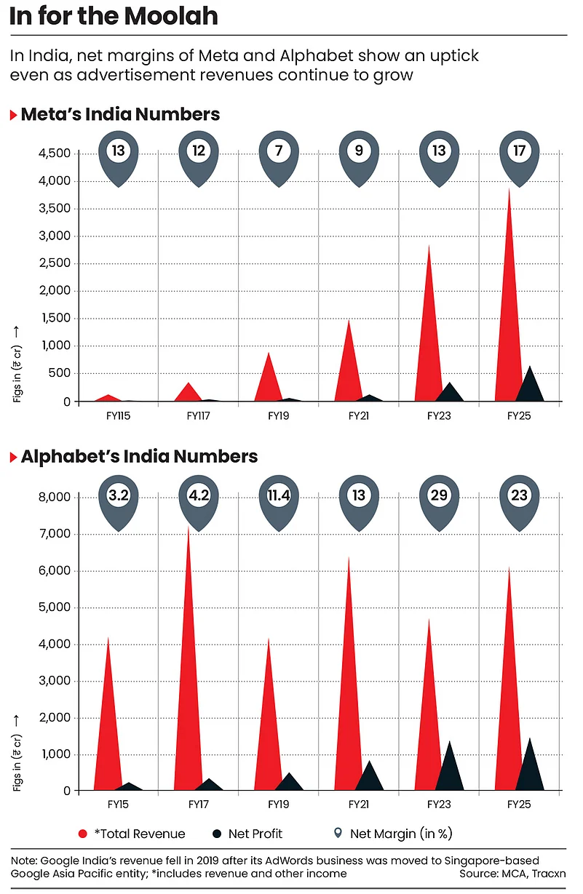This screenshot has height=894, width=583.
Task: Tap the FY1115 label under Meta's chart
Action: point(117,418)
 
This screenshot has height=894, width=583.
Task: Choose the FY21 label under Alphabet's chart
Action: point(358,805)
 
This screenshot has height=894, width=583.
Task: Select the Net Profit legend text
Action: point(255,834)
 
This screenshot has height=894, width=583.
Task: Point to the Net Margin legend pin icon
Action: point(337,834)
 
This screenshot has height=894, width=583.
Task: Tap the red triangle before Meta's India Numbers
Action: point(13,115)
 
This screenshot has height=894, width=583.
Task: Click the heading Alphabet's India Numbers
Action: point(139,457)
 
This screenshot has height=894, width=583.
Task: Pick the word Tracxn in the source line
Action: point(549,873)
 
